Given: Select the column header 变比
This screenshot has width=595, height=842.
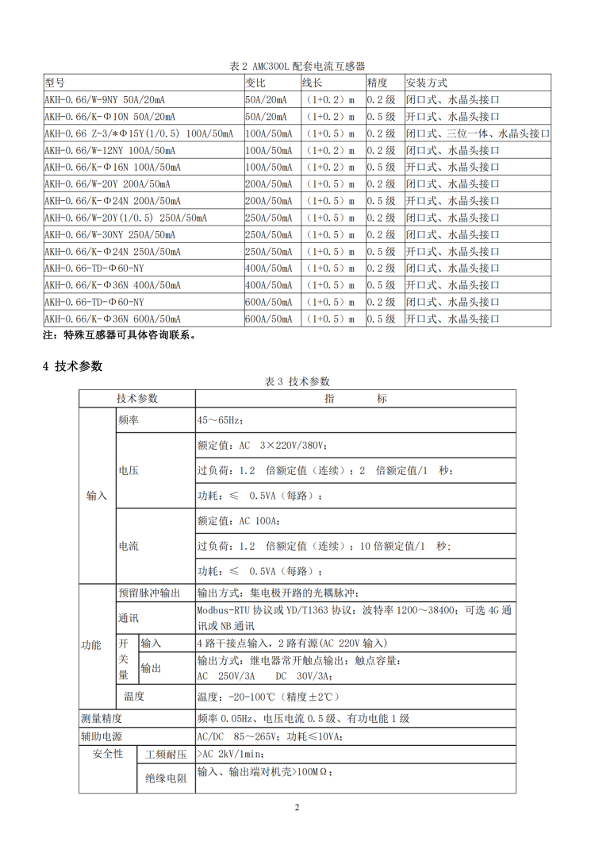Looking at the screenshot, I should [x=255, y=83].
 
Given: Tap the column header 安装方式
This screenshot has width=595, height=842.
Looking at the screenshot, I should [x=426, y=83].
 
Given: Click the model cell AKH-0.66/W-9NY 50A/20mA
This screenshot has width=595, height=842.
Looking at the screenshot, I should [x=105, y=100].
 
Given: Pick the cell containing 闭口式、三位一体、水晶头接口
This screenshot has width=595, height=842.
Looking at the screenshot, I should [x=477, y=133].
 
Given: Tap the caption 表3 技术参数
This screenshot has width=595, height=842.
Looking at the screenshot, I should [x=297, y=382].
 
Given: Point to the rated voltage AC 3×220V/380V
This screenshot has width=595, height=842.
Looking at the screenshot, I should [x=261, y=446].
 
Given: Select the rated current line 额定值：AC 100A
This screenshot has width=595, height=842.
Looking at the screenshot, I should [x=237, y=521].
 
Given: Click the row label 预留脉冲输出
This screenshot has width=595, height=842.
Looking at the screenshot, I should [x=149, y=593].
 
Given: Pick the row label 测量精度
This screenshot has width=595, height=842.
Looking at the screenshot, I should [x=102, y=718].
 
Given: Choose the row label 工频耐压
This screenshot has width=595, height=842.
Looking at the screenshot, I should [x=165, y=754].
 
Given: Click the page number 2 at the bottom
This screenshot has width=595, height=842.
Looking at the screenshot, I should [x=297, y=808].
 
